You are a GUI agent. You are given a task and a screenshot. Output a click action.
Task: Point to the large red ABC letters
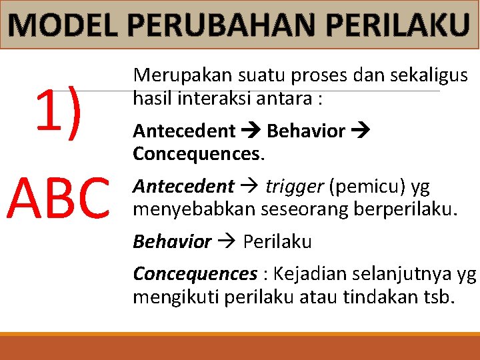pyautogui.click(x=59, y=198)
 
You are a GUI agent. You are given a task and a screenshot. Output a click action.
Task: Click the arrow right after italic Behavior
pyautogui.click(x=227, y=241)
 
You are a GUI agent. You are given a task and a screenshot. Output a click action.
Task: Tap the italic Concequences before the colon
pyautogui.click(x=195, y=274)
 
